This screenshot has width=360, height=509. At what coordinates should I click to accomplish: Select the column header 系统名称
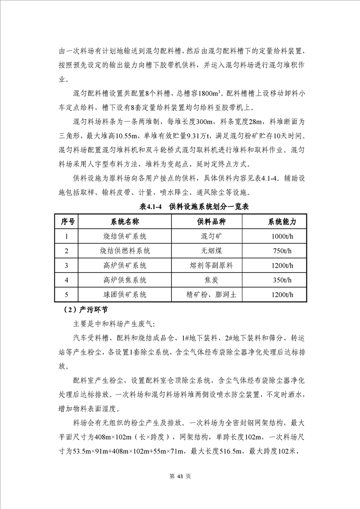click(x=125, y=222)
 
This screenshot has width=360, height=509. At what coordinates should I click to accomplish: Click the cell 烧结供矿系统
click(x=125, y=236)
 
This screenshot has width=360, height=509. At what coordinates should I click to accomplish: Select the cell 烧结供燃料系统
click(x=125, y=251)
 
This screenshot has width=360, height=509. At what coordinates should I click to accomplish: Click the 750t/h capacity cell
click(x=282, y=251)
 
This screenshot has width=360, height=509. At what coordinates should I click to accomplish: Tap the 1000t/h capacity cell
click(x=282, y=236)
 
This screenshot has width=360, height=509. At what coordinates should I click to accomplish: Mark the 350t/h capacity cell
click(x=282, y=280)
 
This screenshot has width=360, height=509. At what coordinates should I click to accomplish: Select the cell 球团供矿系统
click(x=125, y=294)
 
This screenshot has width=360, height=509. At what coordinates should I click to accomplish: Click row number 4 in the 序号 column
click(x=67, y=280)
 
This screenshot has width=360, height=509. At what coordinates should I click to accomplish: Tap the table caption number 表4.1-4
click(x=152, y=206)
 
